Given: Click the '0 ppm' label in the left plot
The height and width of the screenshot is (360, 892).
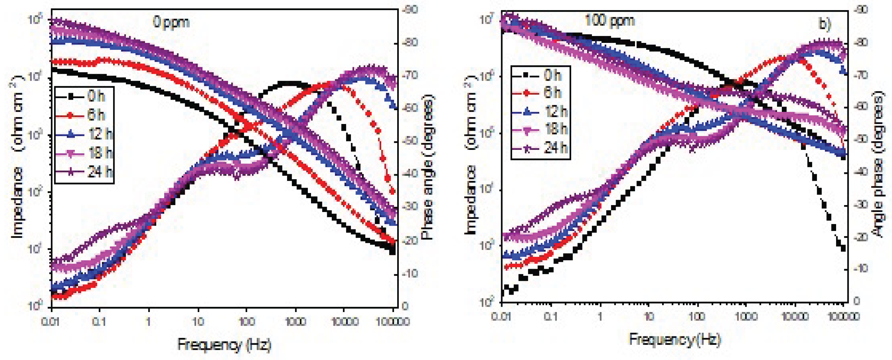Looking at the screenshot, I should pos(171,22).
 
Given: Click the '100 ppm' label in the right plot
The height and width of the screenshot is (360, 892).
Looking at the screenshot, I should pos(609,21).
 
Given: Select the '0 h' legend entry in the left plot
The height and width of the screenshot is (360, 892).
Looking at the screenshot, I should pos(96,96).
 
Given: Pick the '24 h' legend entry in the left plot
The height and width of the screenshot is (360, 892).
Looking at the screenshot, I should pos(100,171).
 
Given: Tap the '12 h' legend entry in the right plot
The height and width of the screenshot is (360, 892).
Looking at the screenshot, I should pos(556,111).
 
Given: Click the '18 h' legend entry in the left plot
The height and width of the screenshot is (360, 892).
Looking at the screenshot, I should pos(100,153).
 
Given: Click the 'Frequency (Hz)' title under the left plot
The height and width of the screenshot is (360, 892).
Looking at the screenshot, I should pos(224,345).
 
